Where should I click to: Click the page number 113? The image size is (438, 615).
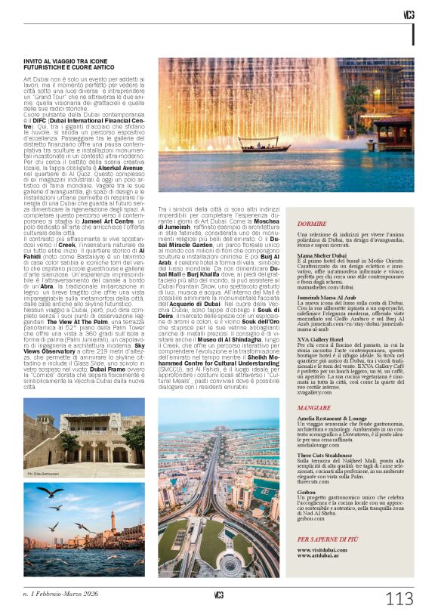point(399,598)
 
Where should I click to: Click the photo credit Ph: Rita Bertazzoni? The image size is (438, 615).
point(43,473)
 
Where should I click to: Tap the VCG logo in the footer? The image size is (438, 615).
point(218,595)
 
